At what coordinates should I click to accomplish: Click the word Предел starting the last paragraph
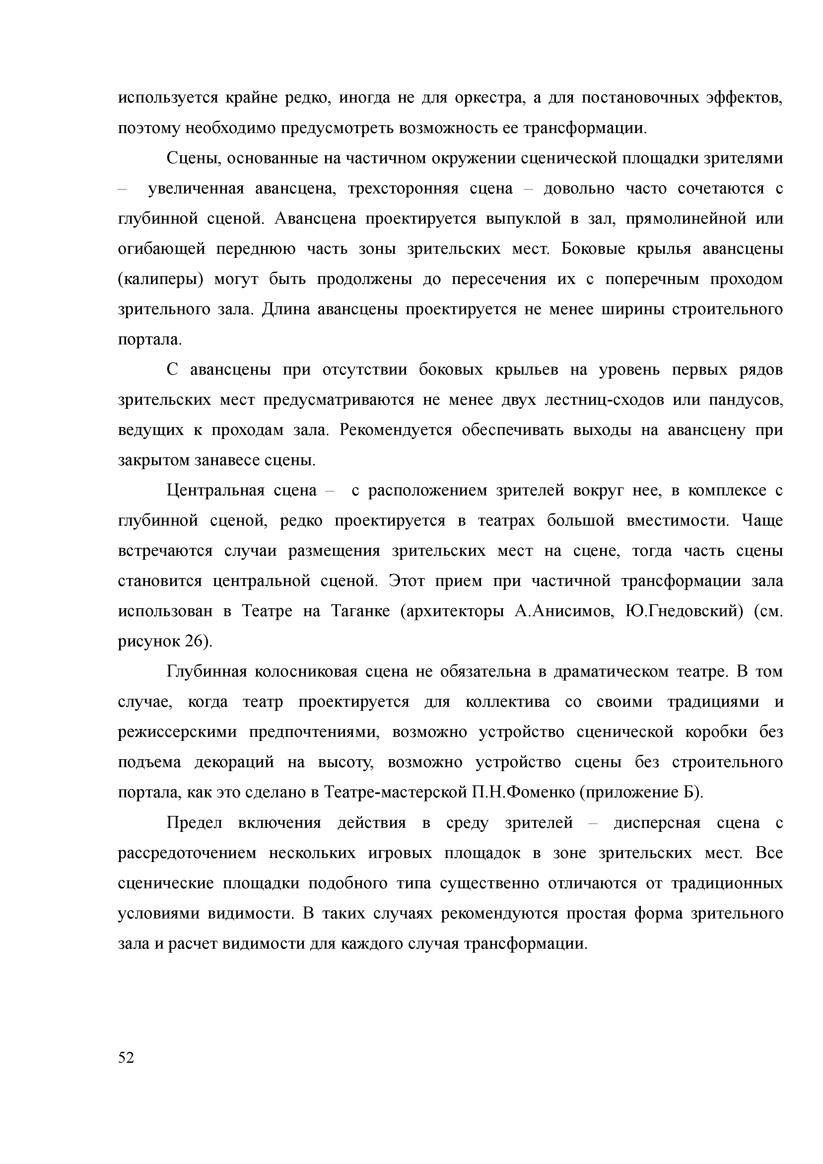point(195,823)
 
